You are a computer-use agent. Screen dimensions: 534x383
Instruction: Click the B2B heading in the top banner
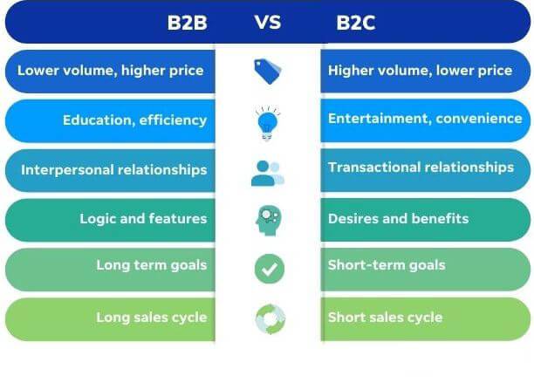click(187, 23)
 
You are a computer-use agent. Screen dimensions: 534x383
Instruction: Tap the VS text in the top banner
click(268, 23)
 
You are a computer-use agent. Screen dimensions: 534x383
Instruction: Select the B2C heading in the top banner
click(355, 23)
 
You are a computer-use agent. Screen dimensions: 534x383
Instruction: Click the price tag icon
click(268, 72)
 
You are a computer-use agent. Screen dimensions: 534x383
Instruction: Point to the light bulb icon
click(268, 122)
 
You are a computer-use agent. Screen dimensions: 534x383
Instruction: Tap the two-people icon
click(268, 174)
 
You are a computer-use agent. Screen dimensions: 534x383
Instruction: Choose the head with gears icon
click(269, 220)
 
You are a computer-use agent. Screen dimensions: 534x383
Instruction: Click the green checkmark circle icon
click(270, 269)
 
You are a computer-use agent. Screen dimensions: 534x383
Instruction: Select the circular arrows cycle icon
click(270, 319)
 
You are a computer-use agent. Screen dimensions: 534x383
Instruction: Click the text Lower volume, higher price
click(110, 71)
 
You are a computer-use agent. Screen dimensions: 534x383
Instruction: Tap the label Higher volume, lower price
click(420, 71)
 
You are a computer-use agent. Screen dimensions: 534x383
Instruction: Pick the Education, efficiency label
click(135, 120)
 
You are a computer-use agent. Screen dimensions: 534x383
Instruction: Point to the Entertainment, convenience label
click(425, 119)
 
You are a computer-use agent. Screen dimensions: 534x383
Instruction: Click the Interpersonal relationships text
click(114, 169)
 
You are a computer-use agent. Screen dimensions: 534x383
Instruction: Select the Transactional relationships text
click(421, 168)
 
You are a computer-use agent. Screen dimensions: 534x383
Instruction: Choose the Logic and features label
click(143, 219)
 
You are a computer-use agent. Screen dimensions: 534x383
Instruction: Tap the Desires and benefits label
click(398, 219)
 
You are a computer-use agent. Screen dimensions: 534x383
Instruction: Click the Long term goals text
click(152, 265)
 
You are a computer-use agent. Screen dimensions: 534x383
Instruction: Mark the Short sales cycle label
click(385, 318)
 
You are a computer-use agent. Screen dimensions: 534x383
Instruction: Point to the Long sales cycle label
click(152, 318)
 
